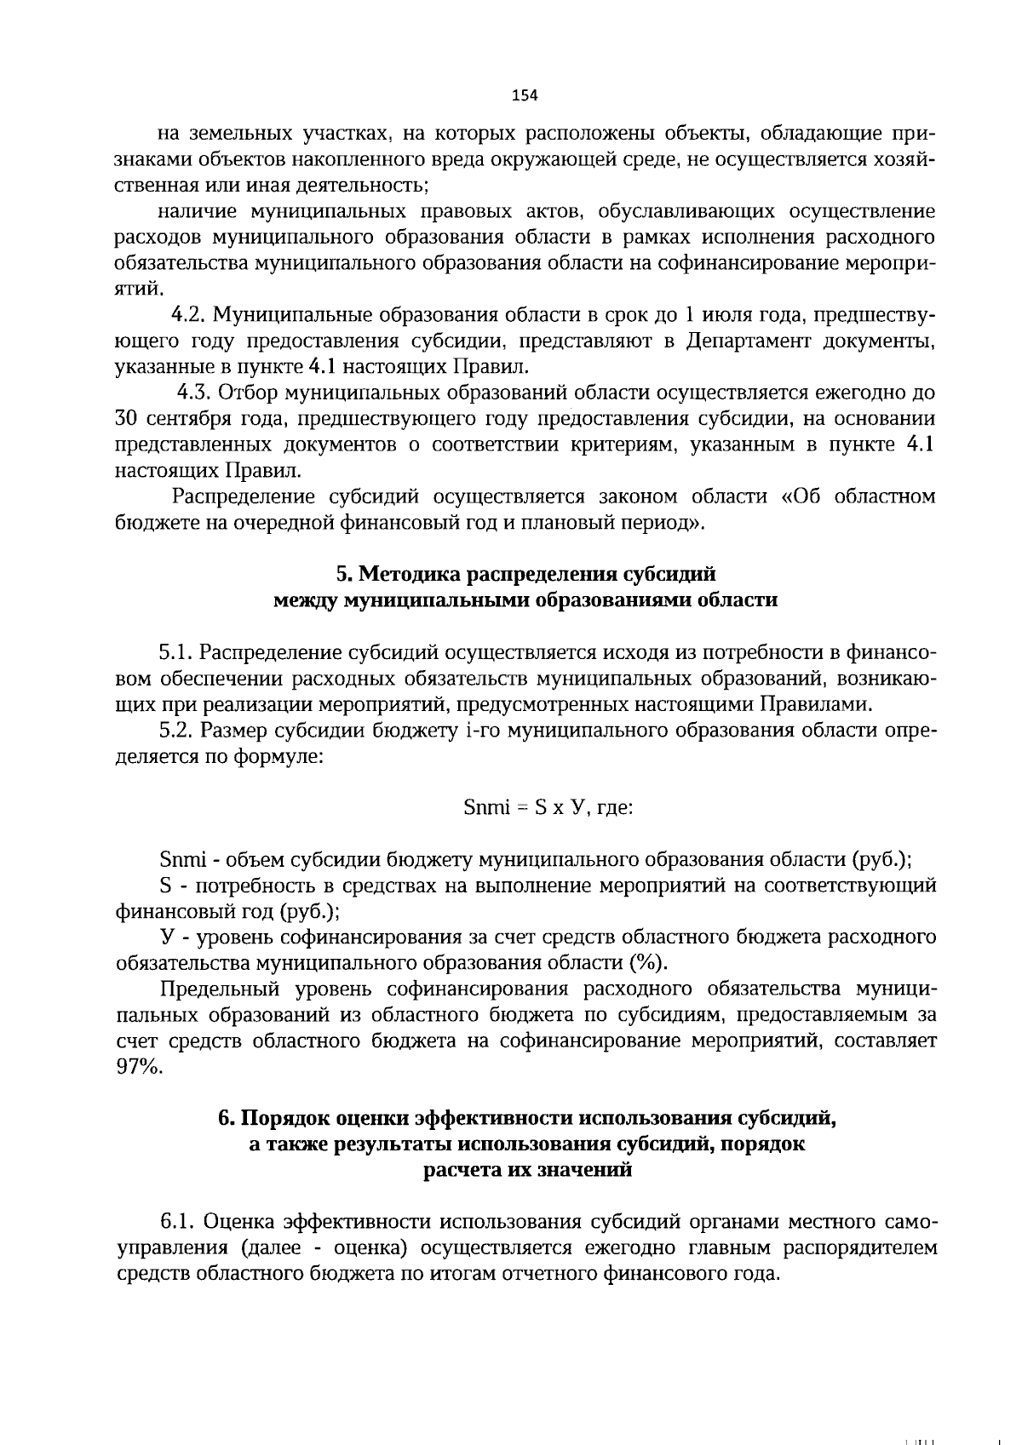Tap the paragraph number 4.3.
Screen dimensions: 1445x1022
(192, 393)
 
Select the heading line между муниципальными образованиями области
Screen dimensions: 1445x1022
(525, 599)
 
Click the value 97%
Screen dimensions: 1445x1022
(138, 1067)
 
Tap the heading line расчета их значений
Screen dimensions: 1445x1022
(528, 1170)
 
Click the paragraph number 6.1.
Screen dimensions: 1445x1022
(179, 1222)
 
